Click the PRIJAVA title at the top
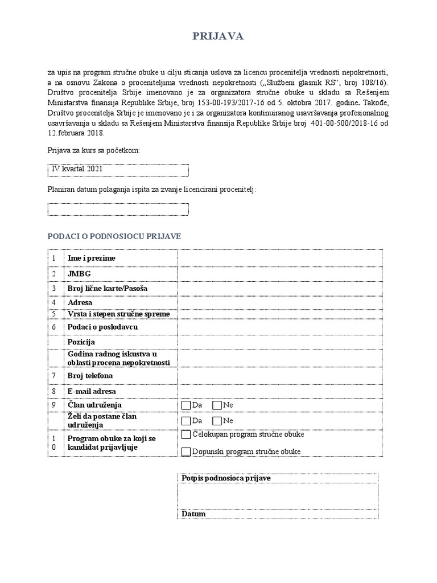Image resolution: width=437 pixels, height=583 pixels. (218, 36)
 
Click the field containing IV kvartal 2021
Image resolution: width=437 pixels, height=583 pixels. (118, 170)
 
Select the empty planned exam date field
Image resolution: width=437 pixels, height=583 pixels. (118, 210)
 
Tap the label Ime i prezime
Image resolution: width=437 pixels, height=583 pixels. (91, 258)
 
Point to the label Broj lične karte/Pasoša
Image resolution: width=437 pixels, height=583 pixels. (107, 289)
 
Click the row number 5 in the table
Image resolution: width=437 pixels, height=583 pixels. (53, 314)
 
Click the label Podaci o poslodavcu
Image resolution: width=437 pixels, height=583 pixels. (102, 327)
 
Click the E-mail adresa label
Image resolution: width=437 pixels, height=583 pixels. (92, 391)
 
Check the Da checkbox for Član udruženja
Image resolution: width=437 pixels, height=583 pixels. (186, 405)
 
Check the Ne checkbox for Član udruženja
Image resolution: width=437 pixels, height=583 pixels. (217, 405)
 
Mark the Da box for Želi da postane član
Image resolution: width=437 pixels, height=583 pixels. (186, 421)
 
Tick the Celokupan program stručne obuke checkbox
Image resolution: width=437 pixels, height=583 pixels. (186, 435)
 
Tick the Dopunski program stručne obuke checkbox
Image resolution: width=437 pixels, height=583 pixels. (186, 452)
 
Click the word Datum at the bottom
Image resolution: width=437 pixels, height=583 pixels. (193, 514)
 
